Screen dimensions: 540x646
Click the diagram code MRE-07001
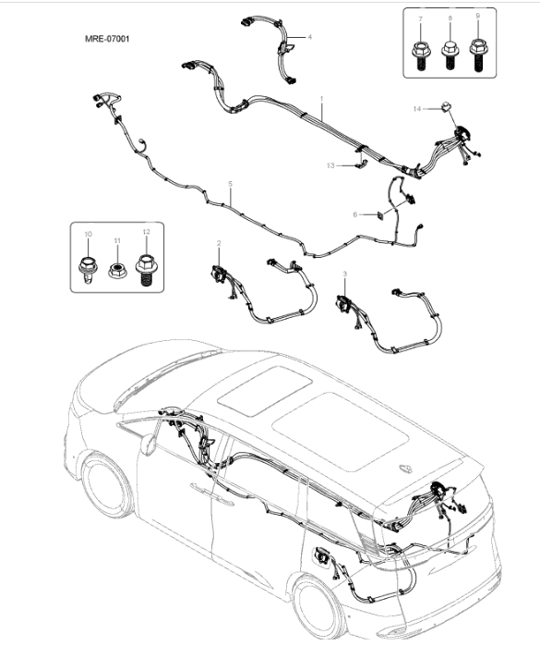(107, 39)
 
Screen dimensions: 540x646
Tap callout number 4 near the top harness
(310, 37)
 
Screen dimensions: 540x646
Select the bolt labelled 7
(421, 55)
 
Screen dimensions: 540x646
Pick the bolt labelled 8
(450, 55)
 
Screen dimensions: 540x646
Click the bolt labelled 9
(478, 55)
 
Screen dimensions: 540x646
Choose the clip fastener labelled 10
(88, 270)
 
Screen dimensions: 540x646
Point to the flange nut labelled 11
(117, 271)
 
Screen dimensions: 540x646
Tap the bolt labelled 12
(146, 270)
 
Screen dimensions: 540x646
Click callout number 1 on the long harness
(322, 99)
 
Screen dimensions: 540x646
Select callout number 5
(230, 184)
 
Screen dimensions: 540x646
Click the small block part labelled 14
(446, 106)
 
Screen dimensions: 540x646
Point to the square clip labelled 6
(380, 215)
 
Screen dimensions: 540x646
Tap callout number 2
(219, 243)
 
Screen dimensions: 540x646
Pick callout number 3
(345, 274)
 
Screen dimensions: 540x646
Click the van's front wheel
(107, 484)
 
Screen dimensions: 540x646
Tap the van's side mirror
(148, 445)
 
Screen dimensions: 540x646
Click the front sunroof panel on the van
(264, 391)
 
